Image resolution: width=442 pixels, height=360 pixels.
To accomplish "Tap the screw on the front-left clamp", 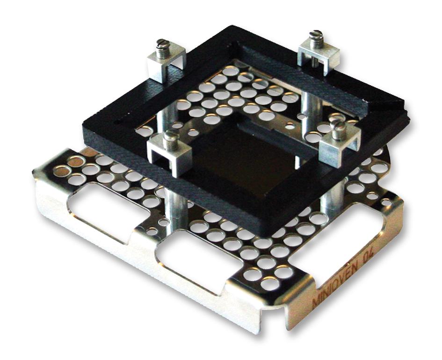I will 170,139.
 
